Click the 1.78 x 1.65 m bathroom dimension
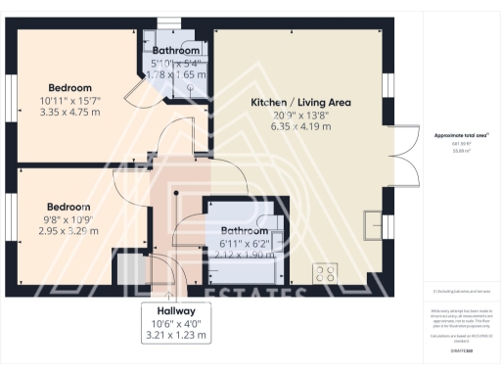pos(176,73)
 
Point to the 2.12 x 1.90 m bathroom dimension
pos(244,255)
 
